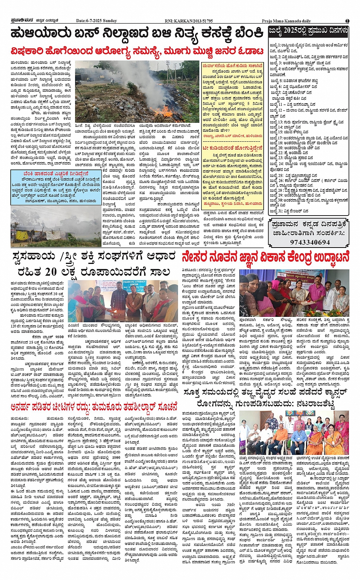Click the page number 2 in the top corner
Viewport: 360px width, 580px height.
click(x=347, y=21)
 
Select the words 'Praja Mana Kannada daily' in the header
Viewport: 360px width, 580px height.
click(x=286, y=21)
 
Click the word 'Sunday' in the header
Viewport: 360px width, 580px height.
click(x=110, y=21)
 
